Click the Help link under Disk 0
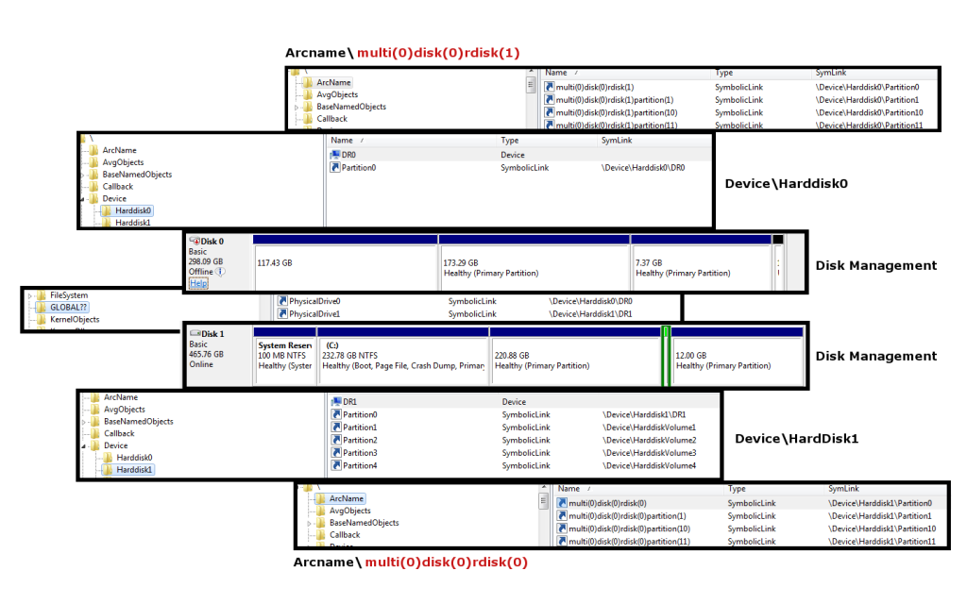click(197, 283)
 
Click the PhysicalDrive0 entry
click(314, 301)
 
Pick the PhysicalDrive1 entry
click(314, 313)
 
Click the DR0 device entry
click(348, 154)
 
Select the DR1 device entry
click(349, 401)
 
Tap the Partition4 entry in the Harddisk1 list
click(360, 465)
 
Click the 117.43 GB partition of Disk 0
click(345, 267)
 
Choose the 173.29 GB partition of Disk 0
click(533, 267)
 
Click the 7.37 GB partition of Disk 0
click(700, 267)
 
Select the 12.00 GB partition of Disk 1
click(737, 360)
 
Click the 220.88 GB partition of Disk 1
click(574, 360)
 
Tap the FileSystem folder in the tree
click(68, 295)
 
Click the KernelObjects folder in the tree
click(74, 320)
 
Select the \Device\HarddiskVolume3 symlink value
click(650, 453)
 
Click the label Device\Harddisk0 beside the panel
click(786, 183)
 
